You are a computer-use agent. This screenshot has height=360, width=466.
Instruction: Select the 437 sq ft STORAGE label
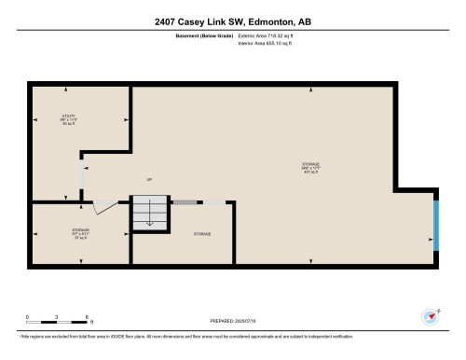(x=308, y=169)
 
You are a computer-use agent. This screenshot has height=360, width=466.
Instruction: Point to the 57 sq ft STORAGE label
(x=80, y=230)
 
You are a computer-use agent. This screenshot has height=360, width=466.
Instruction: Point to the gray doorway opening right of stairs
(x=184, y=201)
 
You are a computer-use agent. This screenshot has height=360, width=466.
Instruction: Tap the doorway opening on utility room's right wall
(x=81, y=174)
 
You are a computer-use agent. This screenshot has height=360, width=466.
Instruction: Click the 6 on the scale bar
(x=87, y=316)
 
